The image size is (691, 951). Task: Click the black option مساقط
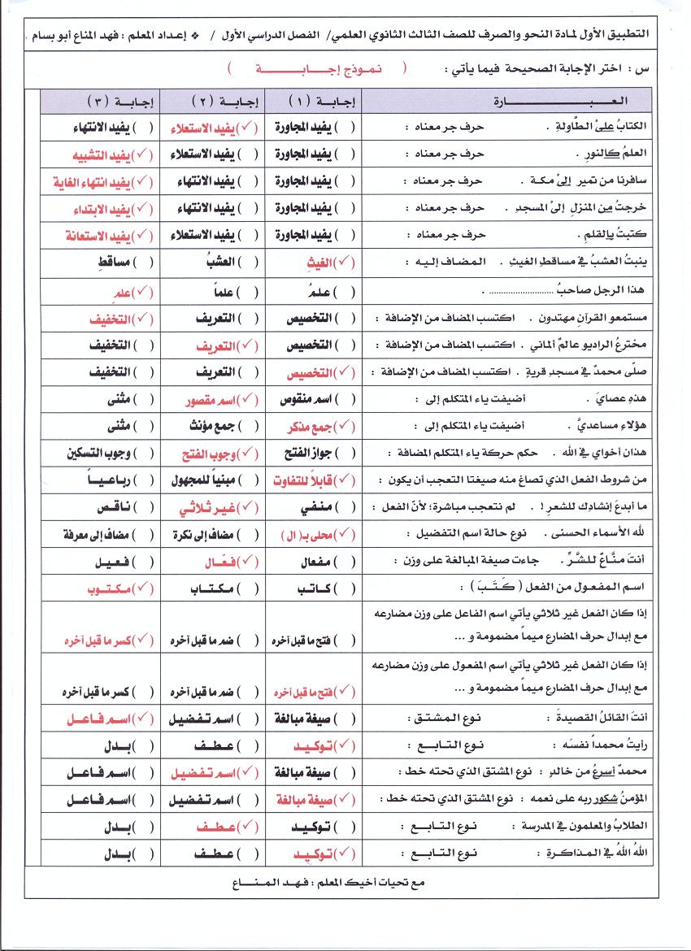[x=112, y=263]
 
